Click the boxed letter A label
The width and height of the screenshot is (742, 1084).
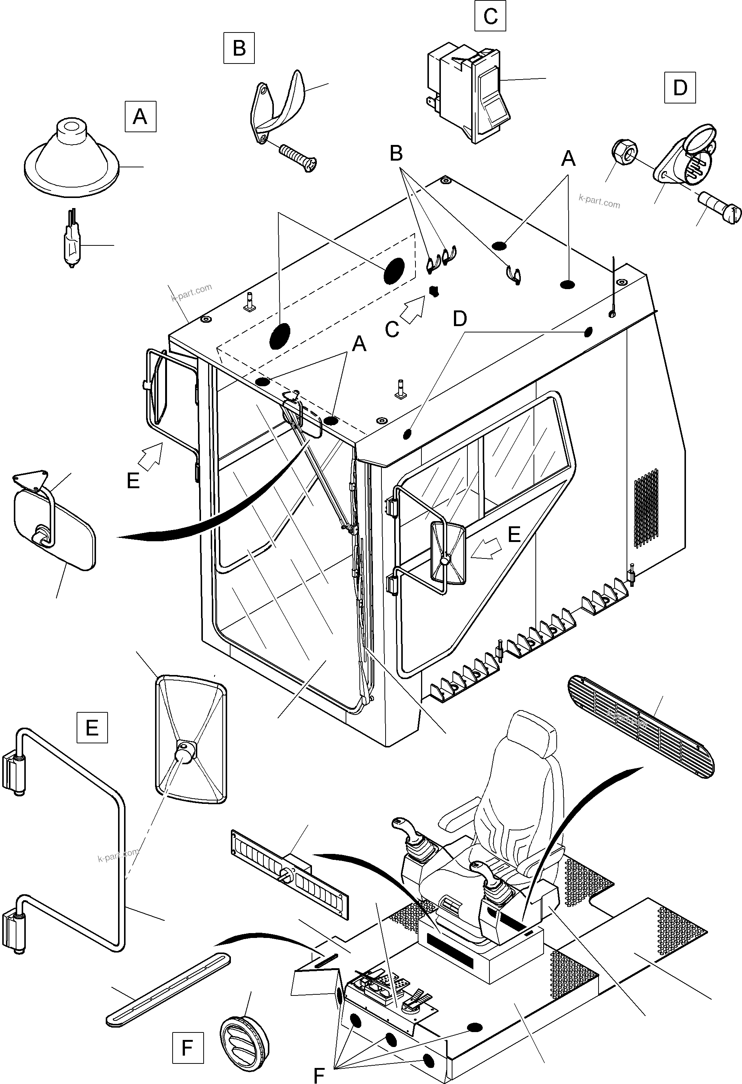tap(140, 117)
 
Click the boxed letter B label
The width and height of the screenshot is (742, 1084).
tap(239, 47)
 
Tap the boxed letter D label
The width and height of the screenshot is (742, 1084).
tap(680, 87)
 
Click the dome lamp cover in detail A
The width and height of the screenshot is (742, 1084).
tap(71, 161)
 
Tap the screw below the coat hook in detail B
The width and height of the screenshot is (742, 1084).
tap(298, 157)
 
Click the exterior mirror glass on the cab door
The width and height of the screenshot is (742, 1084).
tap(448, 554)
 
